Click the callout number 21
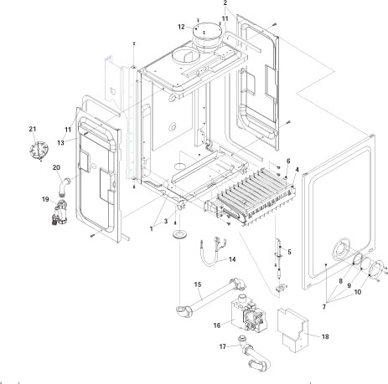(33, 128)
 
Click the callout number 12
(181, 27)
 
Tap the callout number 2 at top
(225, 4)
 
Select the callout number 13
(61, 143)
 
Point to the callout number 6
(288, 161)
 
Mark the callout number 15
(197, 285)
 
